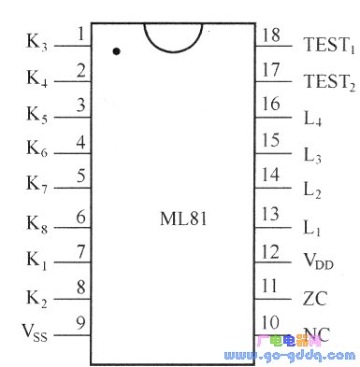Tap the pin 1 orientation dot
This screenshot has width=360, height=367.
coord(116,52)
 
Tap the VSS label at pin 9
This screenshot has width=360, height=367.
coord(38,332)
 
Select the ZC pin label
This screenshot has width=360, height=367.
coord(314,299)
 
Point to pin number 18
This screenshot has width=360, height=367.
coord(270,35)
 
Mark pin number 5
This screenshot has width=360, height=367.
coord(81,176)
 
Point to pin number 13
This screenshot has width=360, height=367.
coord(270,214)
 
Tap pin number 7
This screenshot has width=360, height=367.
coord(81,250)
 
